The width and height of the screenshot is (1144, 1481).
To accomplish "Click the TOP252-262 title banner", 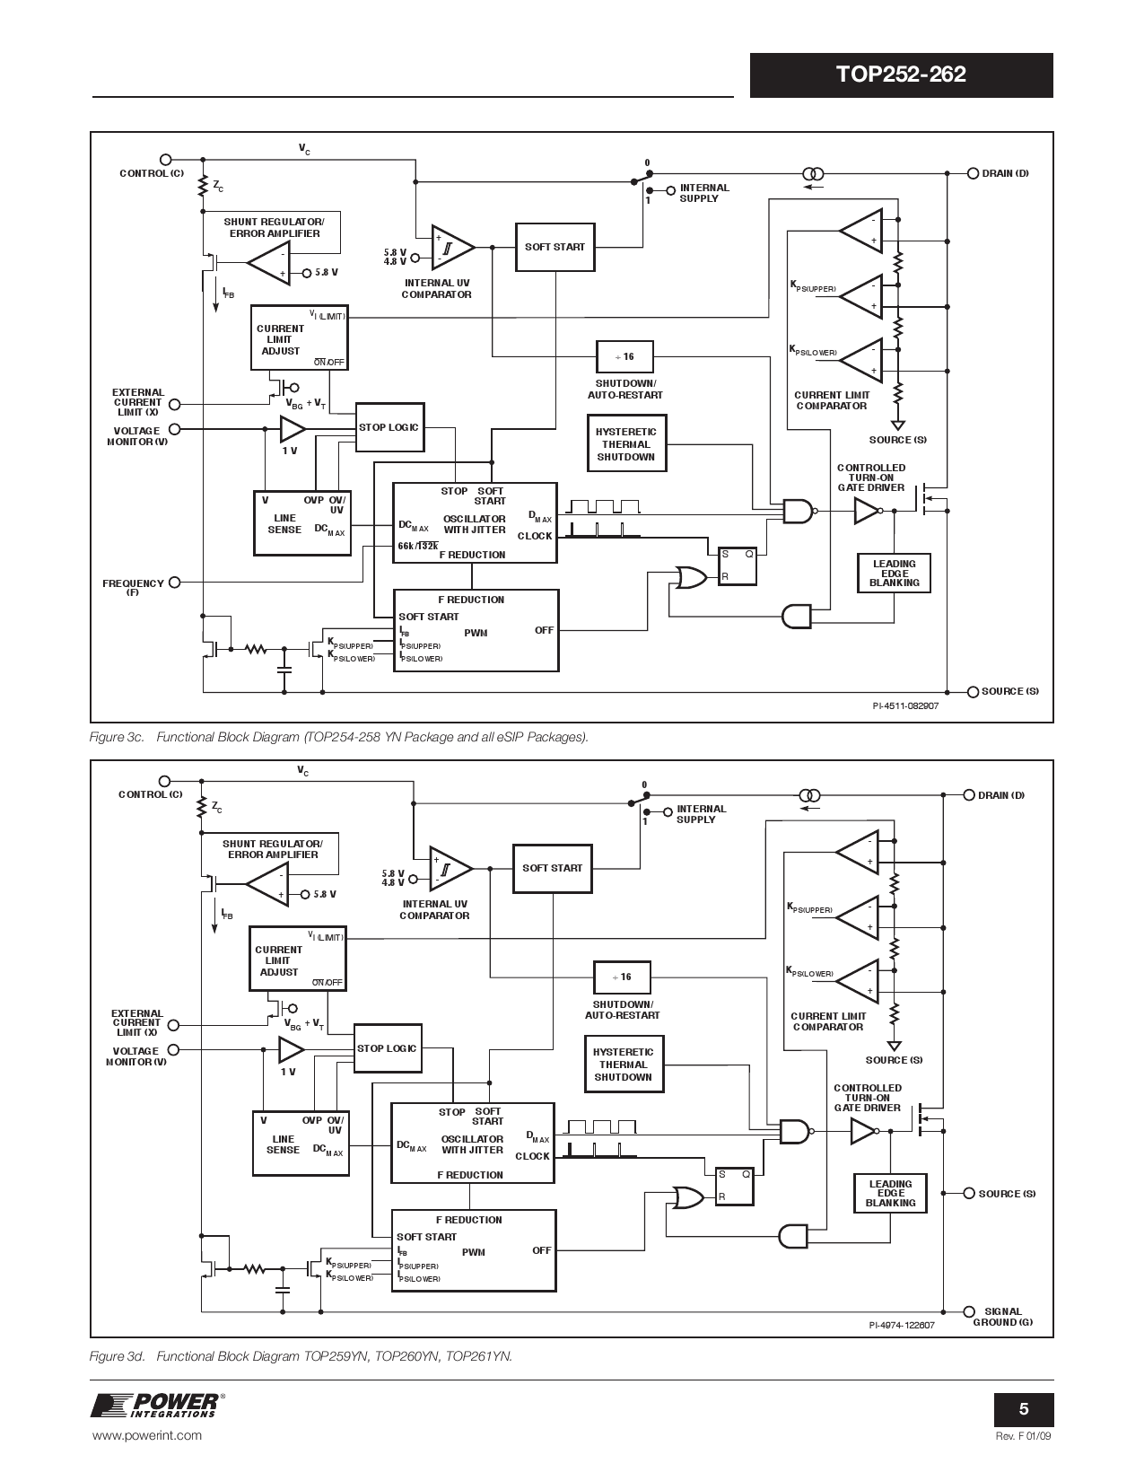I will point(901,74).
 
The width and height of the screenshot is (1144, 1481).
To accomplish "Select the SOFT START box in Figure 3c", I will point(555,247).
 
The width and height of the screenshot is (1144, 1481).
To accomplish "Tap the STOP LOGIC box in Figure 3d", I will point(387,1048).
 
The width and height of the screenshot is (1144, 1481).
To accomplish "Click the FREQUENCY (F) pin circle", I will point(174,582).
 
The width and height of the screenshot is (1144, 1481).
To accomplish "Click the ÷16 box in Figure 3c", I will point(624,357).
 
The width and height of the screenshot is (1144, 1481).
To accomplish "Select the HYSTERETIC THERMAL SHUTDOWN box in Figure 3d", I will point(624,1065).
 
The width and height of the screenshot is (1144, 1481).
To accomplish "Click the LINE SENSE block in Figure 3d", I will point(301,1143).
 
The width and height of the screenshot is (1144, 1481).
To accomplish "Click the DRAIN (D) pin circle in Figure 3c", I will point(973,173).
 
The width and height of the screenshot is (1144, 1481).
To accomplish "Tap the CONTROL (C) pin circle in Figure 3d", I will point(164,782).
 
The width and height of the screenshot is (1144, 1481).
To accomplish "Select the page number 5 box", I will point(1023,1410).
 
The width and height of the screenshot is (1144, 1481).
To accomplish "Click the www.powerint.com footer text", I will point(147,1435).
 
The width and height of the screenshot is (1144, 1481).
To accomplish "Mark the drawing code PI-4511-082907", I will point(905,705).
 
